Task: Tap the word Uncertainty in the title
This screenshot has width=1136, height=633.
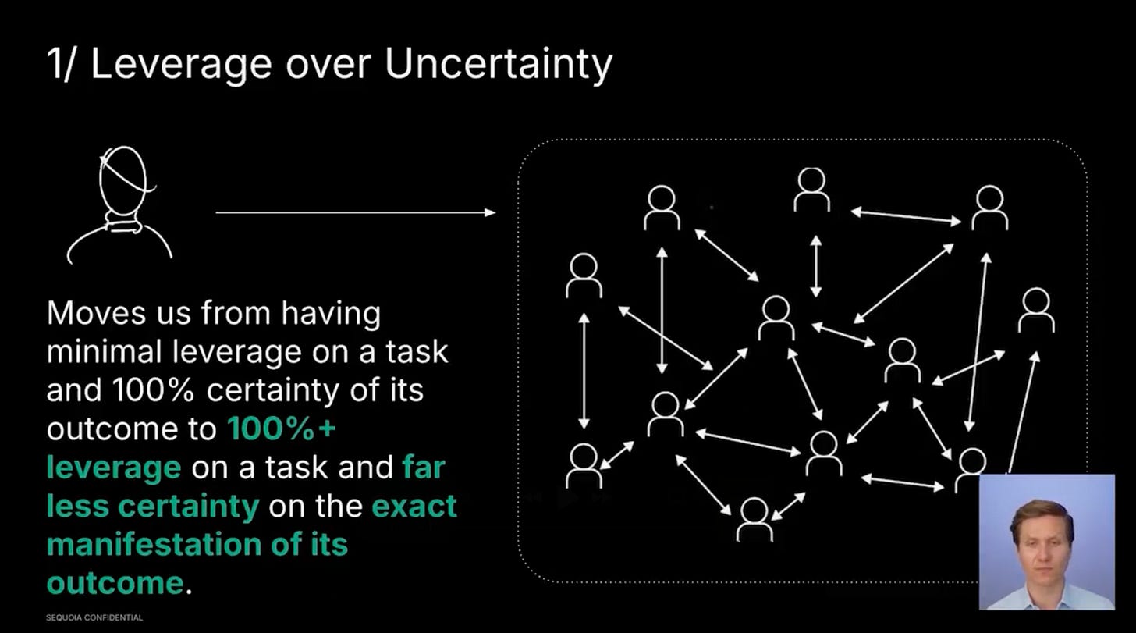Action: tap(499, 65)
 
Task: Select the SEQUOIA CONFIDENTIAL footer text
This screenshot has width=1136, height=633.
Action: tap(94, 617)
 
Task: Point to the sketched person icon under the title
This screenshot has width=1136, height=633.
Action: tap(121, 203)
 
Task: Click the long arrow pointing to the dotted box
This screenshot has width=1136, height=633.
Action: tap(355, 212)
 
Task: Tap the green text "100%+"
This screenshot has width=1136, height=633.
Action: tap(271, 429)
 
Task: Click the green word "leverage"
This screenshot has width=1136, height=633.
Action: tap(114, 468)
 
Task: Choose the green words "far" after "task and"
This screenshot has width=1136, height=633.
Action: tap(424, 468)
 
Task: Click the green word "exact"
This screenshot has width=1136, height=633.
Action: tap(414, 506)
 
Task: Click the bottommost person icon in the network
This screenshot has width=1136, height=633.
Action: tap(754, 519)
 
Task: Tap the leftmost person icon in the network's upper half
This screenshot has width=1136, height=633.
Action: tap(584, 276)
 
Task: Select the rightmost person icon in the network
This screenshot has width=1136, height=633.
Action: tap(1036, 310)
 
